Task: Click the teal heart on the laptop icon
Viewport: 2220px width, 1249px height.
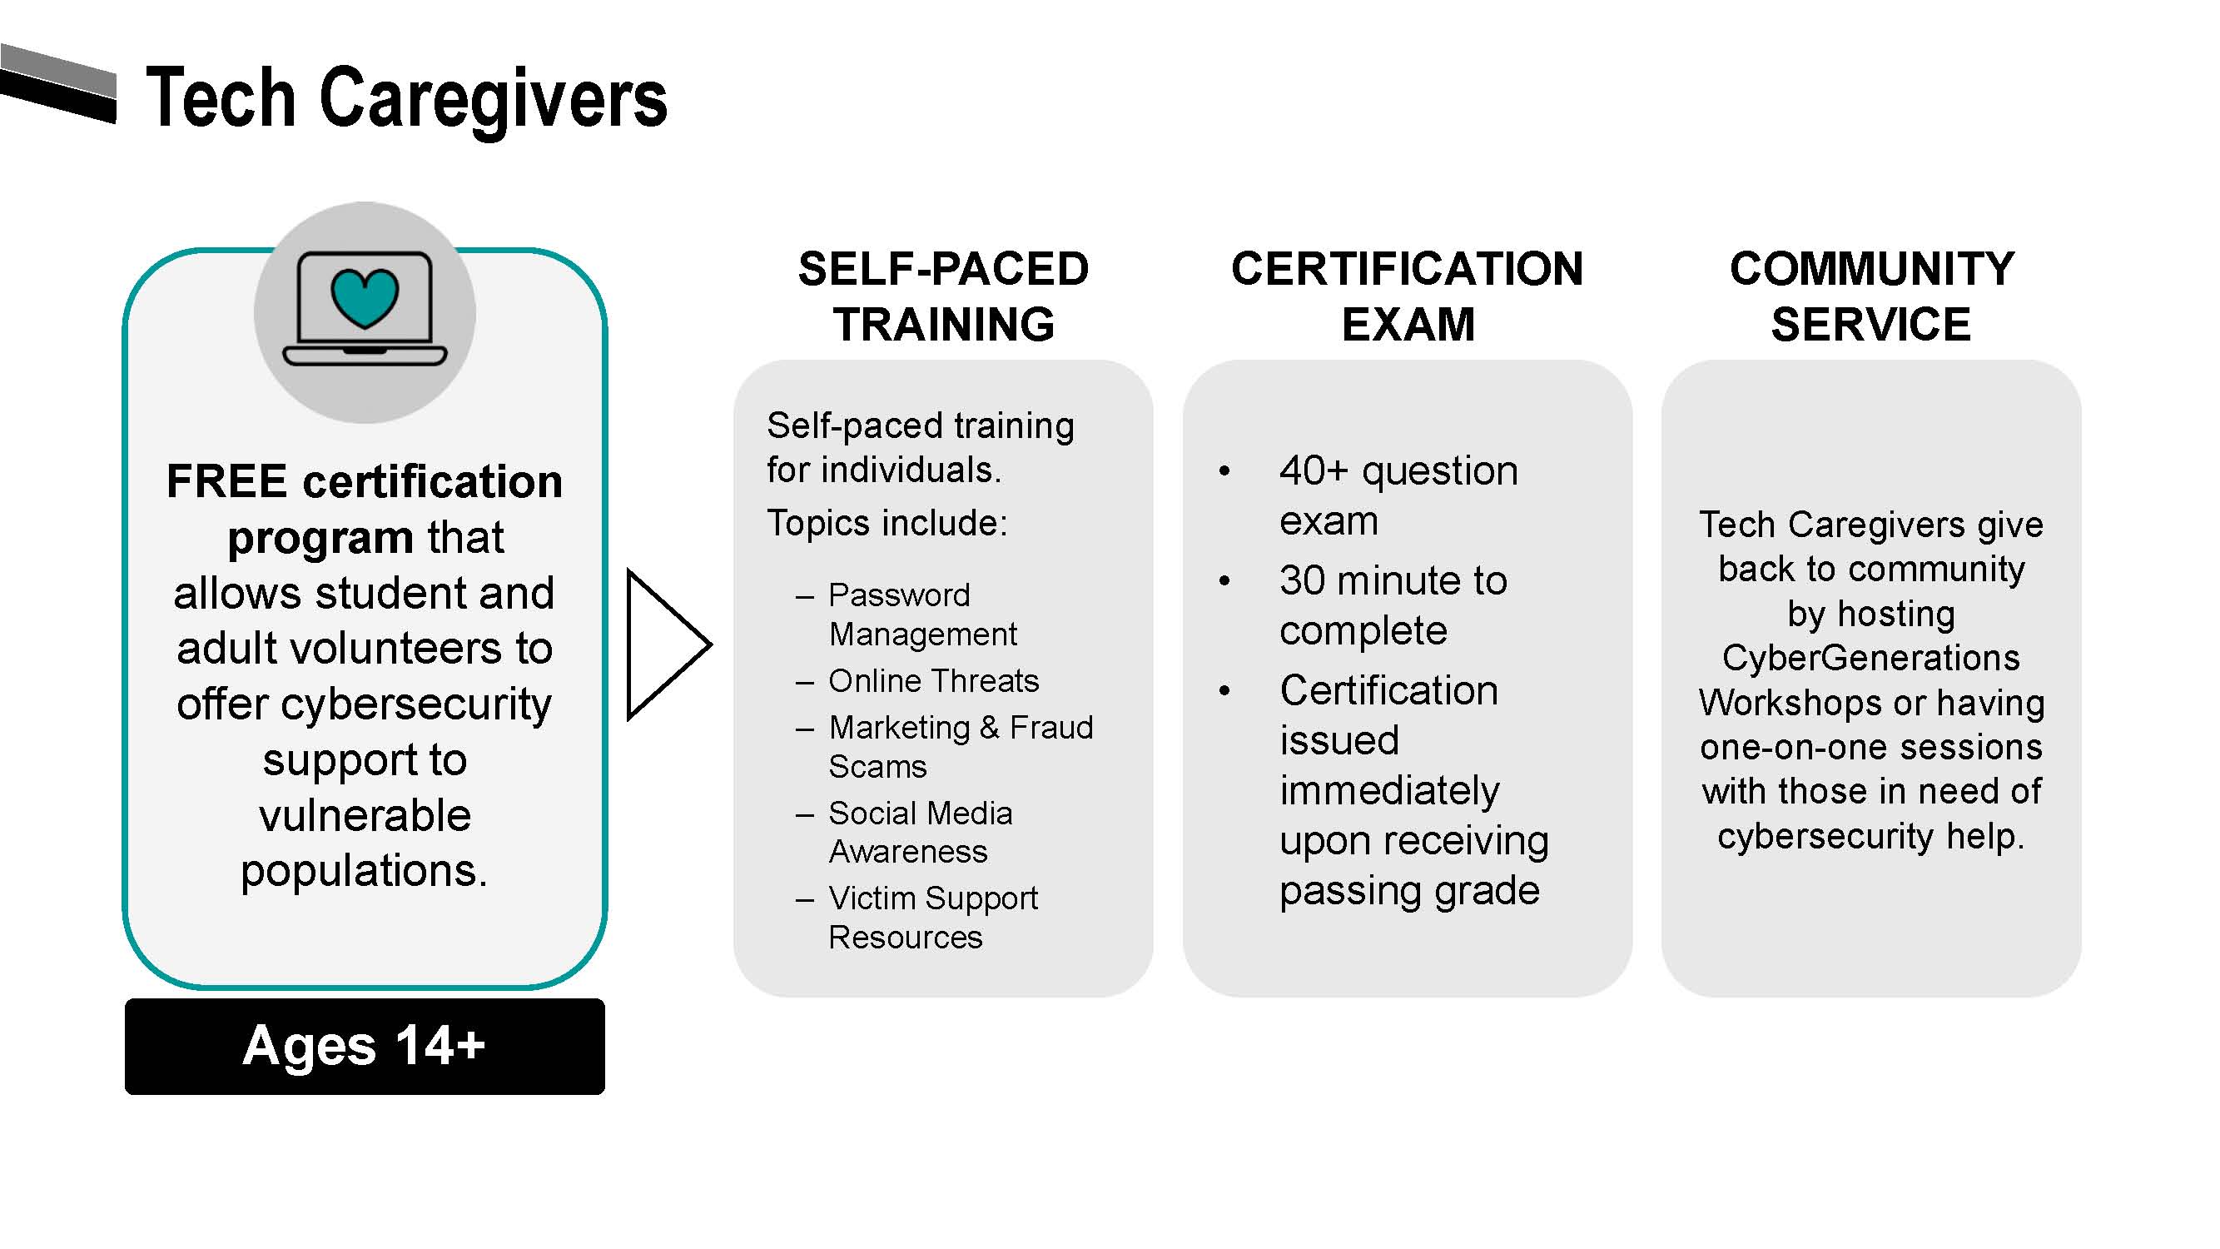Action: (365, 297)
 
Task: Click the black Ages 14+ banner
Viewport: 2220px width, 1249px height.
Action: (365, 1046)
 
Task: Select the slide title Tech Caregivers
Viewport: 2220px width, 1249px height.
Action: (406, 98)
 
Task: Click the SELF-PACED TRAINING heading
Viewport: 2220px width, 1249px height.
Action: (943, 296)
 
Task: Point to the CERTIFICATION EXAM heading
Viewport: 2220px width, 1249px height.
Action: (1407, 296)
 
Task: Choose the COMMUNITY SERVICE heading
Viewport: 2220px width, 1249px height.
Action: (1871, 296)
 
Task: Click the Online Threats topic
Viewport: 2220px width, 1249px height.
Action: (933, 681)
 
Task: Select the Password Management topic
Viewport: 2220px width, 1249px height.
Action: (921, 614)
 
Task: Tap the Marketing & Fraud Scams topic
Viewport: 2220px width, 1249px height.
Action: (959, 746)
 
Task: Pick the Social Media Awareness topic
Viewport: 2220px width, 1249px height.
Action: (920, 832)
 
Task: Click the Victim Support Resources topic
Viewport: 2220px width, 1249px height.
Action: (932, 917)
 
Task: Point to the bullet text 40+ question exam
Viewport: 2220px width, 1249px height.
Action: (1397, 495)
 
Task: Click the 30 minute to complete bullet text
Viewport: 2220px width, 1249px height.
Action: (1393, 605)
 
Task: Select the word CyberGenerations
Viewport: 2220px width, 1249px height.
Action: (1871, 658)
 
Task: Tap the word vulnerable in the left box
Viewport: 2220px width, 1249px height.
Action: (365, 814)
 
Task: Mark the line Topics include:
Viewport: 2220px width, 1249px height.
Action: (887, 523)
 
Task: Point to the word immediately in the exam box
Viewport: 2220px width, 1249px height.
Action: (1389, 790)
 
